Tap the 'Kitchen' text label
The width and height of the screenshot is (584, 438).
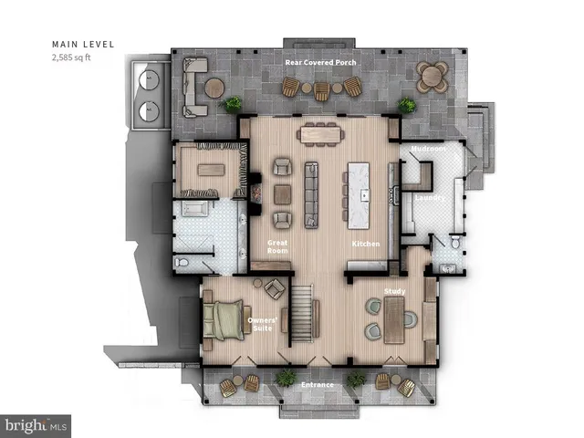coord(365,245)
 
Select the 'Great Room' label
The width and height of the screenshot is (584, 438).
coord(276,246)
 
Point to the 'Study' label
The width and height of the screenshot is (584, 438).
coord(394,292)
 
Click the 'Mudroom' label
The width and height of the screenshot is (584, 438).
coord(427,149)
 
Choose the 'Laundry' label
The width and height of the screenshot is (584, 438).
coord(429,197)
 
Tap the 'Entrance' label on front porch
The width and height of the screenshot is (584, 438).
coord(318,385)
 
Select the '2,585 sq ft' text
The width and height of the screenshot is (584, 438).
coord(73,57)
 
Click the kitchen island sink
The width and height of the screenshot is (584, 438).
coord(363,194)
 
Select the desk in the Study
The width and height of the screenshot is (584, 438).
coord(393,320)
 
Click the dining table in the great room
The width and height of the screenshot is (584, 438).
coord(320,132)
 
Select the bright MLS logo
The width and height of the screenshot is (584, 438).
coord(36,425)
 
